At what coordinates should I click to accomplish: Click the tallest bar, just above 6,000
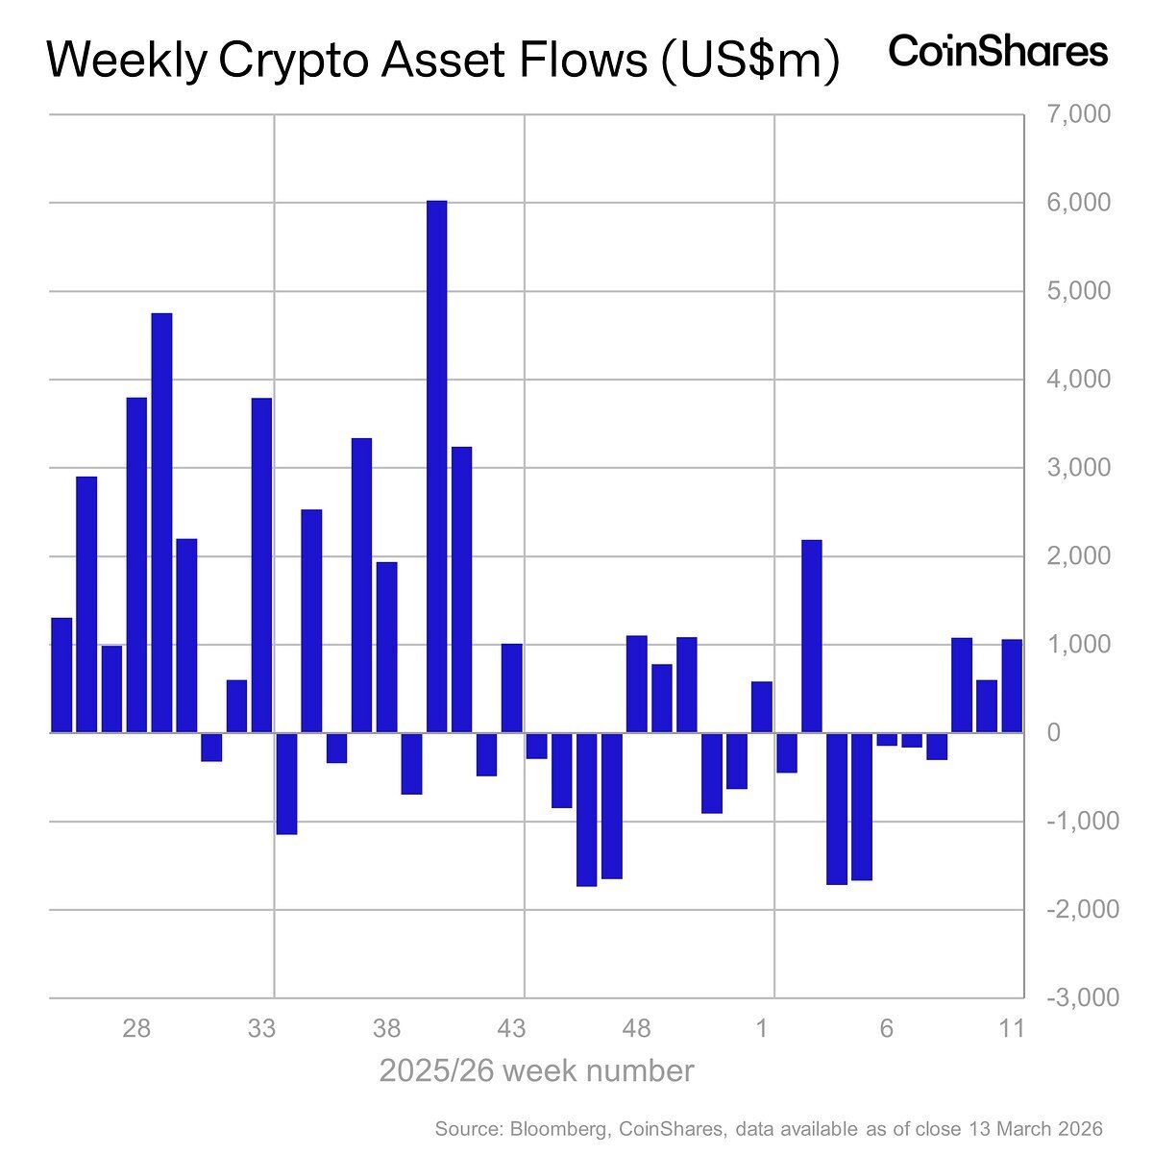tap(437, 466)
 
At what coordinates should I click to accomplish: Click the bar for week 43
tap(512, 688)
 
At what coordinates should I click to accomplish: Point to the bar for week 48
tap(637, 684)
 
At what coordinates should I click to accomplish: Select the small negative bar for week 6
tap(887, 739)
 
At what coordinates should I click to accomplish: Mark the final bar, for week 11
tap(1012, 686)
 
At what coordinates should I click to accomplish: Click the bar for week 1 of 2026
tap(762, 707)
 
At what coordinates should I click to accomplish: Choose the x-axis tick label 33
tap(261, 1029)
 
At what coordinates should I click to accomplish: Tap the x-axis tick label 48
tap(637, 1029)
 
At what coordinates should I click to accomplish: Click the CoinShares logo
tap(998, 51)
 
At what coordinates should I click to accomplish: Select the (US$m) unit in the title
tap(748, 61)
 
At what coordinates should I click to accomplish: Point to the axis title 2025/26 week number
tap(536, 1070)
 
